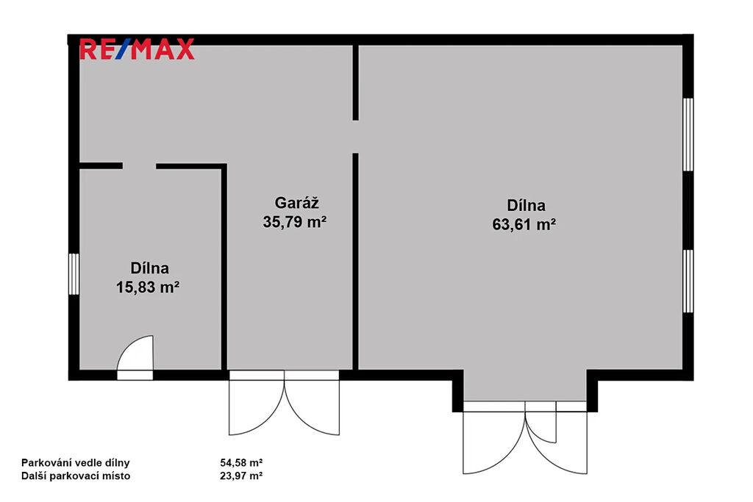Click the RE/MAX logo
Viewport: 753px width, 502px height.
coord(137,49)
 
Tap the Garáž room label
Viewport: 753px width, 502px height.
coord(296,203)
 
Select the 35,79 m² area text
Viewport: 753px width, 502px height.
coord(294,222)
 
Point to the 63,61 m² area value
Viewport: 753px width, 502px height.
coord(524,225)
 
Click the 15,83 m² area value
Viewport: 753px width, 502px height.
coord(148,287)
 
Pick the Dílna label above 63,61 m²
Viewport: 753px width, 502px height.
coord(527,205)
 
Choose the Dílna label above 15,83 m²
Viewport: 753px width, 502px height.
coord(150,268)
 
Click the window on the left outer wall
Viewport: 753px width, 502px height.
coord(74,274)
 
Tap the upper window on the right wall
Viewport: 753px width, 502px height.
coord(688,135)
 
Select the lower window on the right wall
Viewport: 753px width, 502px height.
coord(688,282)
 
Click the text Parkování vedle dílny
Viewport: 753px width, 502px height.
coord(76,462)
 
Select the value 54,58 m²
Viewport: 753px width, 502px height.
coord(241,462)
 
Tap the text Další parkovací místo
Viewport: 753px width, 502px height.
coord(76,476)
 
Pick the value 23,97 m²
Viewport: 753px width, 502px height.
coord(241,476)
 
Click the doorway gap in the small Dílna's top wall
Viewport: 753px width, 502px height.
coord(139,166)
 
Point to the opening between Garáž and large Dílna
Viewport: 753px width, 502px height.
coord(355,137)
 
